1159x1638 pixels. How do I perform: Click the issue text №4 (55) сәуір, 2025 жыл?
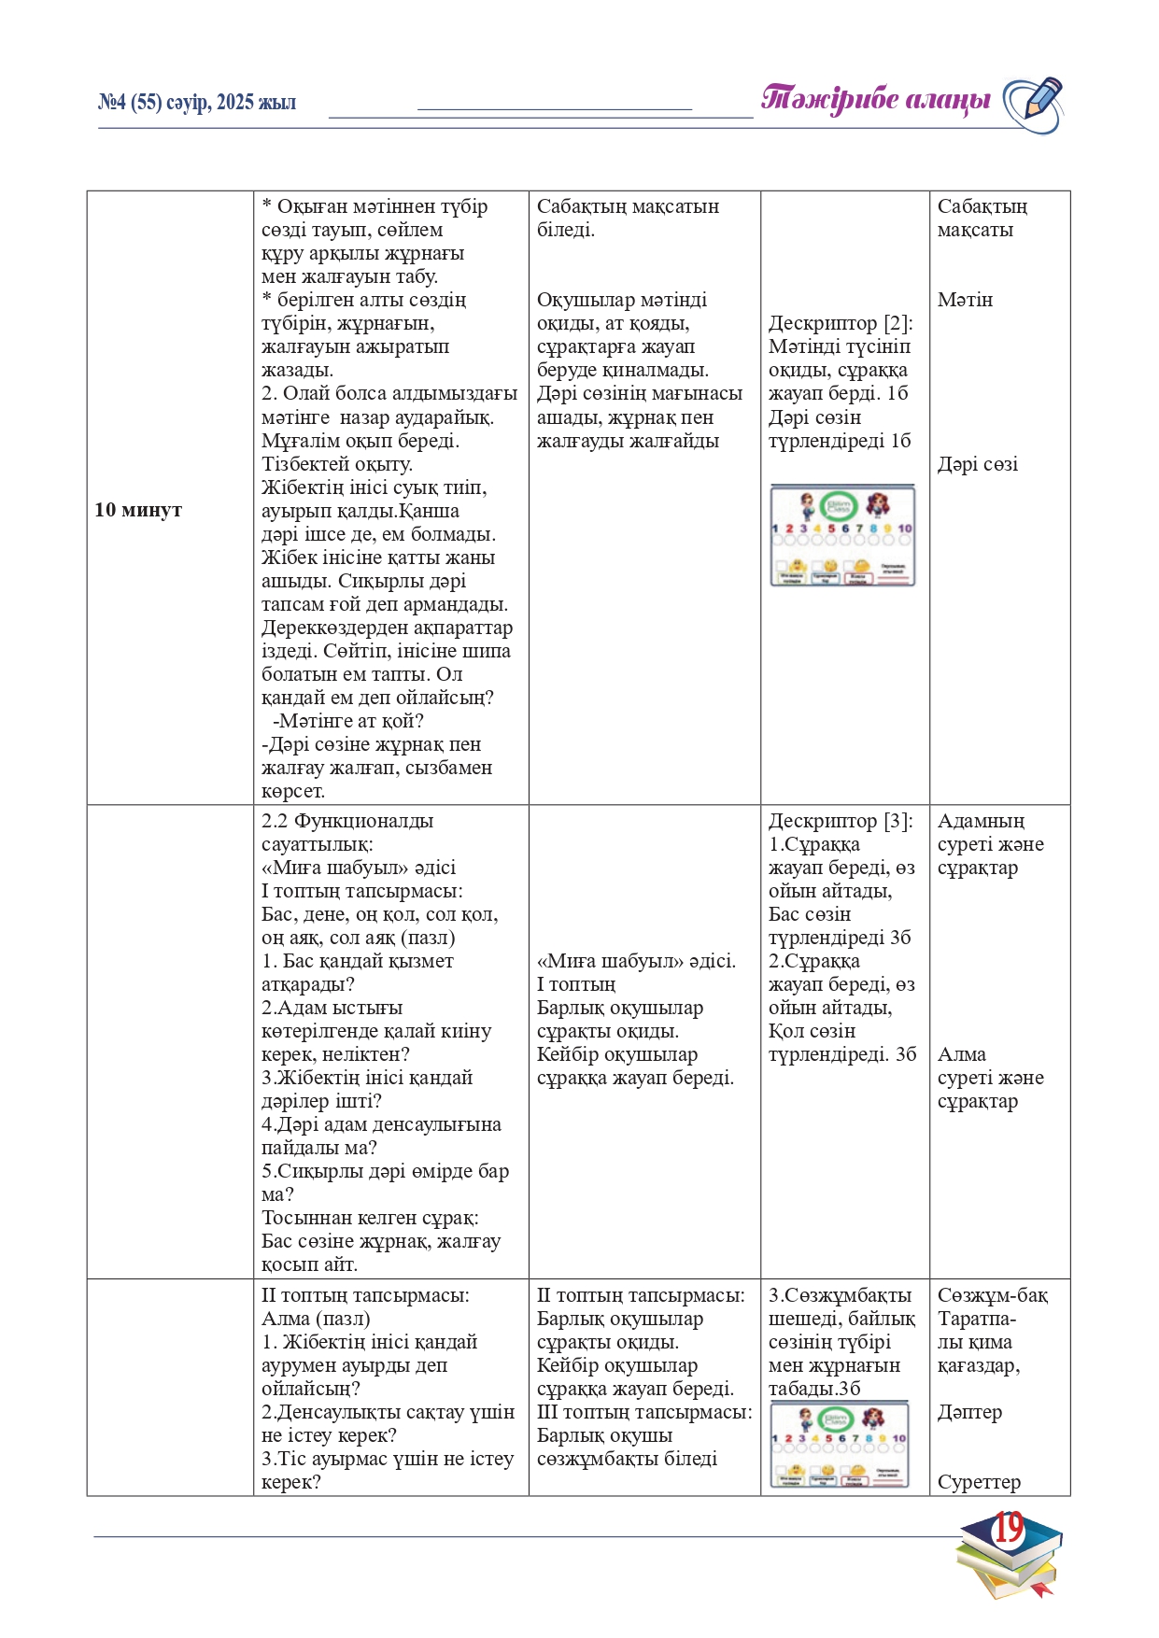pyautogui.click(x=197, y=103)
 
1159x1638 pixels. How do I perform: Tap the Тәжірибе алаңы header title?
pyautogui.click(x=875, y=99)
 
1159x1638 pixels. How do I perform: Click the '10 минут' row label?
pyautogui.click(x=138, y=510)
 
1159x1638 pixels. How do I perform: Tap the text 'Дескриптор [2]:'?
pyautogui.click(x=841, y=323)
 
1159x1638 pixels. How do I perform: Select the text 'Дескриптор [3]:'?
pyautogui.click(x=841, y=821)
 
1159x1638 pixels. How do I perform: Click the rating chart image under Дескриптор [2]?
pyautogui.click(x=842, y=535)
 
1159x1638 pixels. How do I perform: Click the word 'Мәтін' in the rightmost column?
pyautogui.click(x=965, y=300)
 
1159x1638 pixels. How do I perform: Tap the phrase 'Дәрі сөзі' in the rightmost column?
pyautogui.click(x=977, y=464)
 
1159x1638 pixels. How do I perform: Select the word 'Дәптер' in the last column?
pyautogui.click(x=969, y=1412)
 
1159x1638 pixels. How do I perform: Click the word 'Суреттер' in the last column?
pyautogui.click(x=979, y=1482)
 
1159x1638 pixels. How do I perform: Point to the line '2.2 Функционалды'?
pyautogui.click(x=347, y=821)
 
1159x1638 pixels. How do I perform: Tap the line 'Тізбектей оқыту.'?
pyautogui.click(x=336, y=464)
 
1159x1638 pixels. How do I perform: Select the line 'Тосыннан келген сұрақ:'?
pyautogui.click(x=370, y=1218)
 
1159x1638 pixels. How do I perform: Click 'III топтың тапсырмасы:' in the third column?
pyautogui.click(x=644, y=1412)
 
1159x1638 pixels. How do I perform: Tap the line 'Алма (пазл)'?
pyautogui.click(x=316, y=1319)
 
